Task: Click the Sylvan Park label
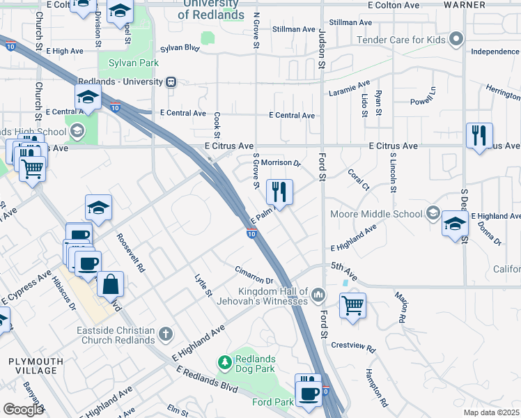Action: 134,63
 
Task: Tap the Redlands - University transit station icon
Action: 171,82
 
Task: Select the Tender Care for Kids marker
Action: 456,38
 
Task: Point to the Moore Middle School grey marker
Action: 433,213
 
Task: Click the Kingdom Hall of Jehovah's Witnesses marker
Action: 318,295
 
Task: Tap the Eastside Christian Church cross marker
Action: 166,334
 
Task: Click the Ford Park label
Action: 273,402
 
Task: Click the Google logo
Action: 23,410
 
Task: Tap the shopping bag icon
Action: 110,284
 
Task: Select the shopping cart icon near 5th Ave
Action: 353,304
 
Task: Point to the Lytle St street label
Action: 203,286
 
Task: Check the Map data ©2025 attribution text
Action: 491,412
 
